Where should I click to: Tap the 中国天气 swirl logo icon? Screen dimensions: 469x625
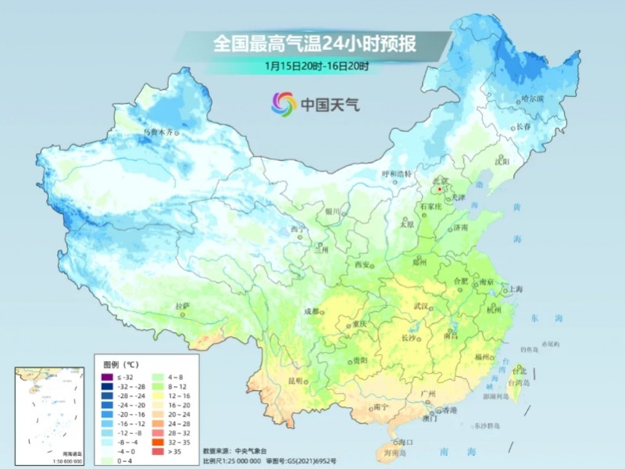click(x=283, y=103)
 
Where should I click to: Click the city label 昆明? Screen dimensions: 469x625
click(x=295, y=381)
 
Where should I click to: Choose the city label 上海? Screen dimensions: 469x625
click(x=515, y=288)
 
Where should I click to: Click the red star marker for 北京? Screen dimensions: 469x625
click(x=441, y=188)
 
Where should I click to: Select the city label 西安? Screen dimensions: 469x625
click(x=361, y=265)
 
